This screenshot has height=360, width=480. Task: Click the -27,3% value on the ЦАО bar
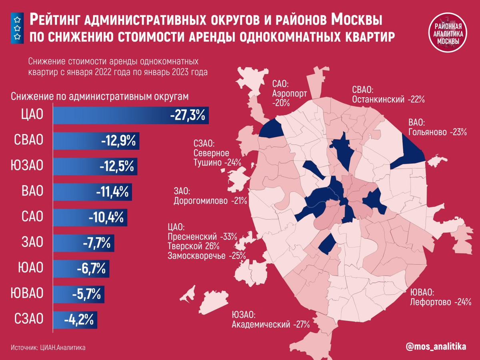point(187,116)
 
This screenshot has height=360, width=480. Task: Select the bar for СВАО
point(96,141)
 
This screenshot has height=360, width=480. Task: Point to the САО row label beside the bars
point(32,217)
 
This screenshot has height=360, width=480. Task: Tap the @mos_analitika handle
point(436,347)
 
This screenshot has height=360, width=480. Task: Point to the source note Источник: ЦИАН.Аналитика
point(48,348)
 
